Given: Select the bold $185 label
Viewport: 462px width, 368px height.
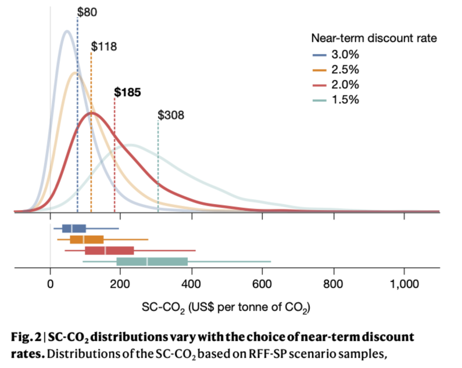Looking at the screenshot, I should tap(127, 92).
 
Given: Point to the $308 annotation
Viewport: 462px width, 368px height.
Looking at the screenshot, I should tap(171, 115).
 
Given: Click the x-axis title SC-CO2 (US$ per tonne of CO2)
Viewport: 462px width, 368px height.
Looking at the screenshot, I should tap(226, 307).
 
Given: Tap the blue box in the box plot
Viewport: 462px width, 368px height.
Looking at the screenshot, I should tap(74, 228).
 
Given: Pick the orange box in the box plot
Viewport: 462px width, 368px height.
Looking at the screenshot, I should tap(87, 239).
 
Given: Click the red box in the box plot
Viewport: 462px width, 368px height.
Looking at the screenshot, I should tap(109, 250).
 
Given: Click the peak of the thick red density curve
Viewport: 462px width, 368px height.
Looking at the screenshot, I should tap(91, 113).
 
